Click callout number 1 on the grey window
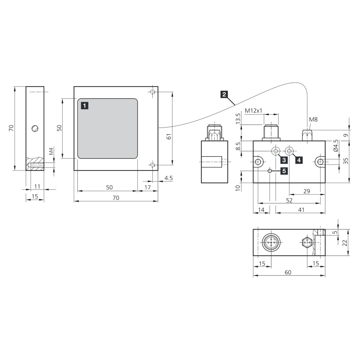point(85,106)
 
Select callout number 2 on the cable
point(224,94)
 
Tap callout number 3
point(284,160)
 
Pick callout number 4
point(299,160)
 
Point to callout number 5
point(284,171)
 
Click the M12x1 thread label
point(253,111)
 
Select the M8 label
point(313,120)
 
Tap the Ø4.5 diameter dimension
point(336,146)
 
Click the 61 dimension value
point(169,137)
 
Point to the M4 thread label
point(51,151)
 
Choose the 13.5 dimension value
point(238,118)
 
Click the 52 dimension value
point(289,200)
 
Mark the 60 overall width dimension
point(288,272)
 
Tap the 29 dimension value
point(307,191)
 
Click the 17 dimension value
point(148,187)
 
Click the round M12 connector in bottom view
point(271,242)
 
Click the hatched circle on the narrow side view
point(35,128)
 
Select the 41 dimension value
point(301,210)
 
